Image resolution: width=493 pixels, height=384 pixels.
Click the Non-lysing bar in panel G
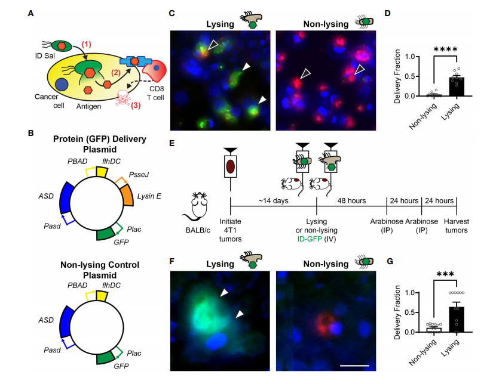click(x=428, y=330)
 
